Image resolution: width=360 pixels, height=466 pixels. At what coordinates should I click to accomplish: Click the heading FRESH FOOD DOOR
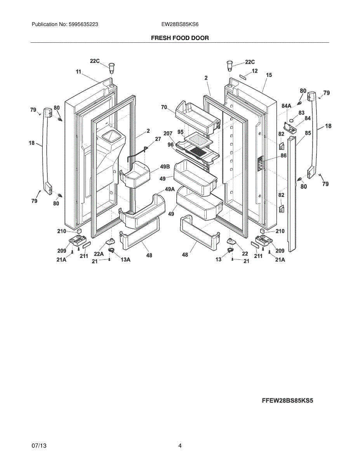[180, 38]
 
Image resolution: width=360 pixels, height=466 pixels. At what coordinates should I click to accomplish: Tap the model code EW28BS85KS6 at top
[180, 24]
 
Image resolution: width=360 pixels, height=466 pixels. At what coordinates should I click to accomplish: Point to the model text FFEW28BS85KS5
[287, 401]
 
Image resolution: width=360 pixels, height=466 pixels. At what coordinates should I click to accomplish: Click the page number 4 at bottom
[180, 446]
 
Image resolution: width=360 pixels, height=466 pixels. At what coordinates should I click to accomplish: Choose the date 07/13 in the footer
[39, 446]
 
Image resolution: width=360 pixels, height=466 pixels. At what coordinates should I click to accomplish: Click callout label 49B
[165, 167]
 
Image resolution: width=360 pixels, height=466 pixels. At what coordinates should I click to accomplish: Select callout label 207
[168, 134]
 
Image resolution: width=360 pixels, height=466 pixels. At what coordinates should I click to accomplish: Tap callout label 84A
[286, 106]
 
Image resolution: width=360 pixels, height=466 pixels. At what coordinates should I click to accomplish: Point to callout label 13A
[125, 260]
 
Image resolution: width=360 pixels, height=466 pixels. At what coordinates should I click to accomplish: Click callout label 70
[164, 107]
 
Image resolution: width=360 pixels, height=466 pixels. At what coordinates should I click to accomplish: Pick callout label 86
[283, 155]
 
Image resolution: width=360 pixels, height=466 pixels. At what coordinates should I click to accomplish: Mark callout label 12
[255, 71]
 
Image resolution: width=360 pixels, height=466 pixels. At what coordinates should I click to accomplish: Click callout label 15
[269, 75]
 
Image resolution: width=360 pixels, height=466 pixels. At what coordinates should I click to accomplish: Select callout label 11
[78, 71]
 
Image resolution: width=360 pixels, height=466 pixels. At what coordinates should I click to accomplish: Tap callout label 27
[158, 139]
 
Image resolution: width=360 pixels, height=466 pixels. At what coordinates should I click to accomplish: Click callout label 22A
[99, 254]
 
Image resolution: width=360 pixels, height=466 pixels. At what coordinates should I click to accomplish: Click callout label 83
[302, 113]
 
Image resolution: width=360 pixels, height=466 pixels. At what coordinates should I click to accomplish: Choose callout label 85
[308, 133]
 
